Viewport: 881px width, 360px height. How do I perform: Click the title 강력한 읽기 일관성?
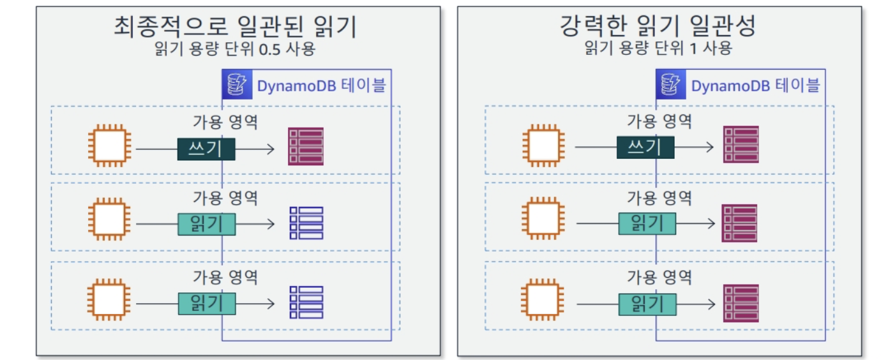coord(658,27)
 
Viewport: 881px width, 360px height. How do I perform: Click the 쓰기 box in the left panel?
coord(206,149)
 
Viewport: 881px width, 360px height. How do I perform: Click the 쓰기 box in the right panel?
coord(645,147)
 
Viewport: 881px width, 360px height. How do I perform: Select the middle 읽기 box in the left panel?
coord(206,224)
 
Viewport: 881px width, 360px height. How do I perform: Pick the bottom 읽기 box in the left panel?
coord(206,303)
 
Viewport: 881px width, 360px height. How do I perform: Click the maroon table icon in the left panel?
coord(306,147)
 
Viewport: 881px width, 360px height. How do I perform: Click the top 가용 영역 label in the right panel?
coord(659,121)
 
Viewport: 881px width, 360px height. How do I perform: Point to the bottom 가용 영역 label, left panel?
coord(225,277)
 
